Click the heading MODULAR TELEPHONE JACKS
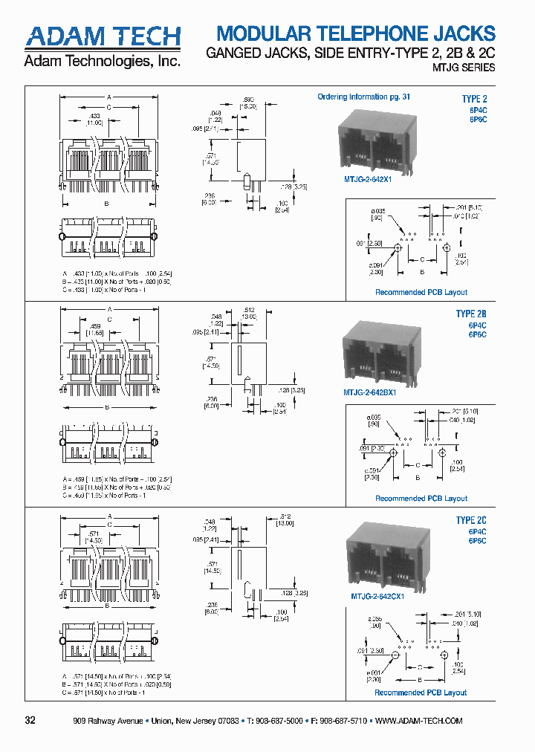pyautogui.click(x=354, y=33)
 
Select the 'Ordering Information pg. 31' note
pyautogui.click(x=363, y=97)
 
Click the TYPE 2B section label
pyautogui.click(x=471, y=314)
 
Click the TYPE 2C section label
pyautogui.click(x=471, y=521)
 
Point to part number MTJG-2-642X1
pyautogui.click(x=366, y=179)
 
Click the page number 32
pyautogui.click(x=30, y=721)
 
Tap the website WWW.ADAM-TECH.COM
pyautogui.click(x=420, y=721)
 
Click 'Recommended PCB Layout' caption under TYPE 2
pyautogui.click(x=421, y=293)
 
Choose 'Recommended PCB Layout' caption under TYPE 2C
pyautogui.click(x=421, y=693)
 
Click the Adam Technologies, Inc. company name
pyautogui.click(x=103, y=62)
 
